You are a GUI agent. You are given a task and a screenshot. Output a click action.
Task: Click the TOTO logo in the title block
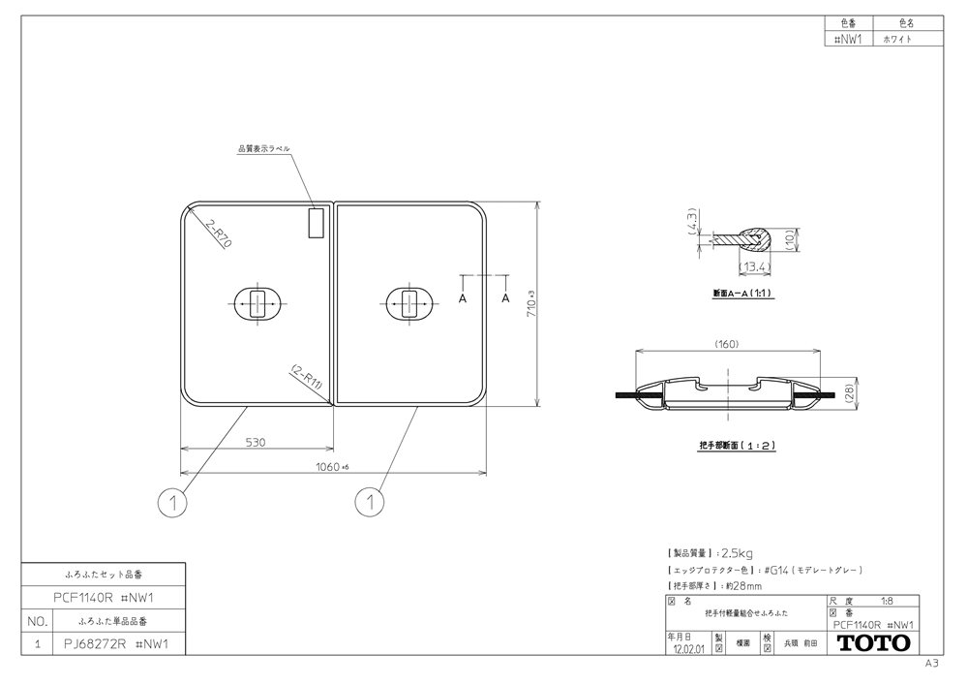[872, 643]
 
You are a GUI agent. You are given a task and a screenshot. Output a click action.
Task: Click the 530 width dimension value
[255, 442]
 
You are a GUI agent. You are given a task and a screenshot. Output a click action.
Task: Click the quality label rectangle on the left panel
[315, 223]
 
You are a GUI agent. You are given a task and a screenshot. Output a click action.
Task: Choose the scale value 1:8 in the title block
[885, 602]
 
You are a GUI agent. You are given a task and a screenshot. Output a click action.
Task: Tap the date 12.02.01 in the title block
[688, 650]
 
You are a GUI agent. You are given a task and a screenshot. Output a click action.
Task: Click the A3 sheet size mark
[931, 664]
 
